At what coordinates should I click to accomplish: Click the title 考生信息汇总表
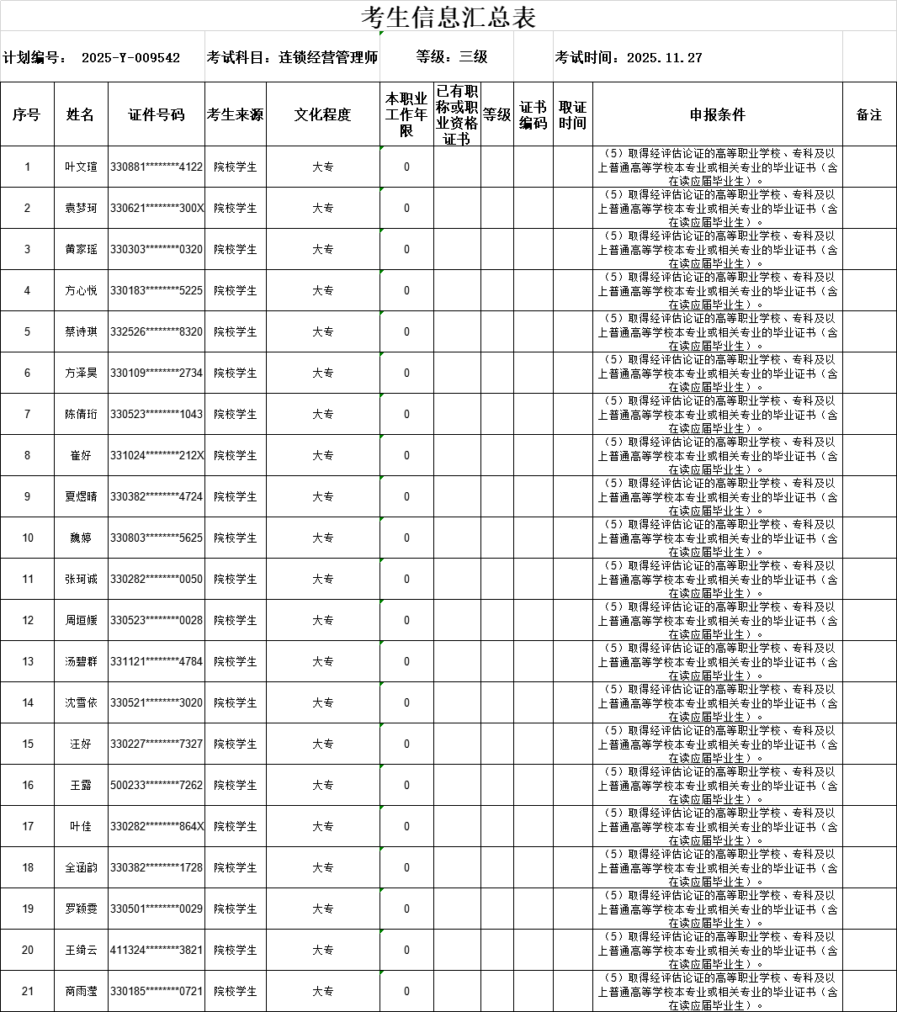pos(448,17)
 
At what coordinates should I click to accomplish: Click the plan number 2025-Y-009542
pos(130,58)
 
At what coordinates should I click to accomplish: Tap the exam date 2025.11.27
pos(665,58)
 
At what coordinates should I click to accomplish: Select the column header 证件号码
pos(157,115)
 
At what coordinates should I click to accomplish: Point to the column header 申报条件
pos(718,115)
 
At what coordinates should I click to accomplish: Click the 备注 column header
pos(869,115)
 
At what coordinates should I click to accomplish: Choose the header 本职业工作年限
pos(406,115)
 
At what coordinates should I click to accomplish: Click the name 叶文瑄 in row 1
pos(81,167)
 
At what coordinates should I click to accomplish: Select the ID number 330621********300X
pos(157,209)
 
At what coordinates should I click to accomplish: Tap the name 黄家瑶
pos(81,250)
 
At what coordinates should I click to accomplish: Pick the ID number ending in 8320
pos(157,332)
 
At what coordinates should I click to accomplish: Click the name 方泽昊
pos(81,374)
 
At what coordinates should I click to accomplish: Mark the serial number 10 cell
pos(28,538)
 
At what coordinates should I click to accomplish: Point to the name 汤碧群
pos(81,662)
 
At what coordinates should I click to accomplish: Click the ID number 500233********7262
pos(157,786)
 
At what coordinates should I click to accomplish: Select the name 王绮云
pos(81,951)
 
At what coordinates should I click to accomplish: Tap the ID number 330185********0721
pos(157,992)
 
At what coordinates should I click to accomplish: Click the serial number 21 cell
pos(28,992)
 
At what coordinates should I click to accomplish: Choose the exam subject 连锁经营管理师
pos(328,58)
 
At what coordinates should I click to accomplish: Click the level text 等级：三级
pos(452,57)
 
